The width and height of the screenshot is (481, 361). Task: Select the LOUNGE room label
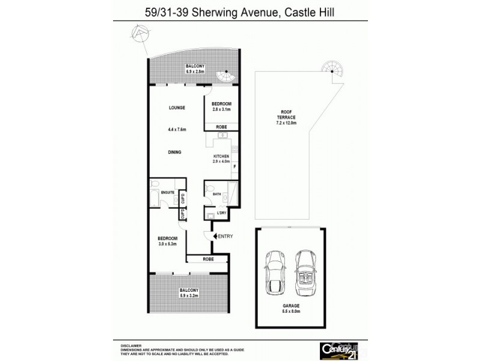click(x=176, y=108)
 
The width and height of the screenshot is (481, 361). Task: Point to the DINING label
click(x=176, y=152)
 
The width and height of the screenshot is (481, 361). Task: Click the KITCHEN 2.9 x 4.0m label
click(x=221, y=159)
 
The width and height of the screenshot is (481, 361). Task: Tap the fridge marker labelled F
click(x=234, y=166)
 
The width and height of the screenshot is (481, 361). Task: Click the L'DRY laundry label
click(x=221, y=214)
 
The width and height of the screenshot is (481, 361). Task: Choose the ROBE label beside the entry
click(x=207, y=259)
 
